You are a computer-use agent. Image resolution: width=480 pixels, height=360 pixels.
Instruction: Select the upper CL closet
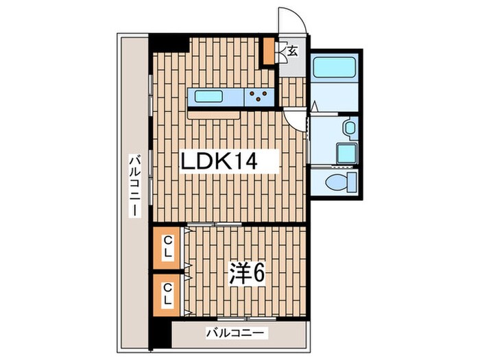tap(167, 245)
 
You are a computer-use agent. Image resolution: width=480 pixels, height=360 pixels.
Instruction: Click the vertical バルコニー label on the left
tap(135, 185)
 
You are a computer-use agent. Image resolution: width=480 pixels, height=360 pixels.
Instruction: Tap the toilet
tap(336, 182)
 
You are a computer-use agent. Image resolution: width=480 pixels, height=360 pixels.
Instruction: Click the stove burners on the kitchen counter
tap(259, 97)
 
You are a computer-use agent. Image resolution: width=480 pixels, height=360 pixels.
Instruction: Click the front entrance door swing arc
tap(290, 21)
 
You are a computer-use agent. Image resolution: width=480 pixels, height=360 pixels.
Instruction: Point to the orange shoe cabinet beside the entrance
tap(269, 49)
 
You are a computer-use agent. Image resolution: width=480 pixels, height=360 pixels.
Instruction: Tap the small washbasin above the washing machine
tap(348, 127)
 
